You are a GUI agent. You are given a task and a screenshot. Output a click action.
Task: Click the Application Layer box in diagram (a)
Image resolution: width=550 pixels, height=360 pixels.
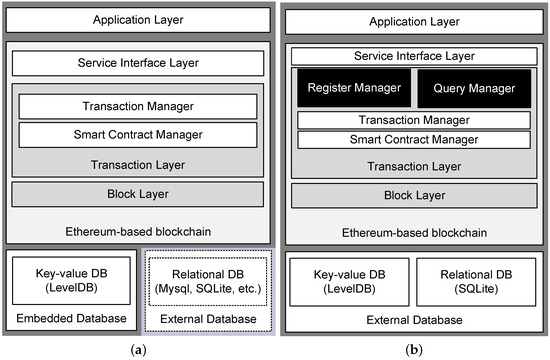[x=137, y=20]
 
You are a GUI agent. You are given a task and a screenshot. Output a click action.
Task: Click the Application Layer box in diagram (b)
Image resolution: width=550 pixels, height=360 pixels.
[x=412, y=20]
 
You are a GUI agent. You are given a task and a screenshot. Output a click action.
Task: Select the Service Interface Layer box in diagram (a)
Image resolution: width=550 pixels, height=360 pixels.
[x=137, y=63]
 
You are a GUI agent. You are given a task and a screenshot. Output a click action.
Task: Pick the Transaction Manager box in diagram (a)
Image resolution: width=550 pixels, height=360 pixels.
[x=137, y=106]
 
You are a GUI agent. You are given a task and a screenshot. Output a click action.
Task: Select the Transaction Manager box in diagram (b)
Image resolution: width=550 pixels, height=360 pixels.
[x=412, y=119]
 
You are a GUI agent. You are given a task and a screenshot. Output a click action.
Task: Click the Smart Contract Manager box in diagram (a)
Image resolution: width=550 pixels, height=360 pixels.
[x=137, y=132]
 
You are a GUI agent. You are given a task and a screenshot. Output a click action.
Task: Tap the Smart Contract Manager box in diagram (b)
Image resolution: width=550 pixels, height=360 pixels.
[x=412, y=139]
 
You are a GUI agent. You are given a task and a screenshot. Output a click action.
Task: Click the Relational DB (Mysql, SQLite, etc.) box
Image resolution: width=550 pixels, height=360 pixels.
[x=208, y=282]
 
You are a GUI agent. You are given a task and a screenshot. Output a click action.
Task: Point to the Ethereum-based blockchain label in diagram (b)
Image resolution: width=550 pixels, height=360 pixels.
[x=412, y=232]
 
